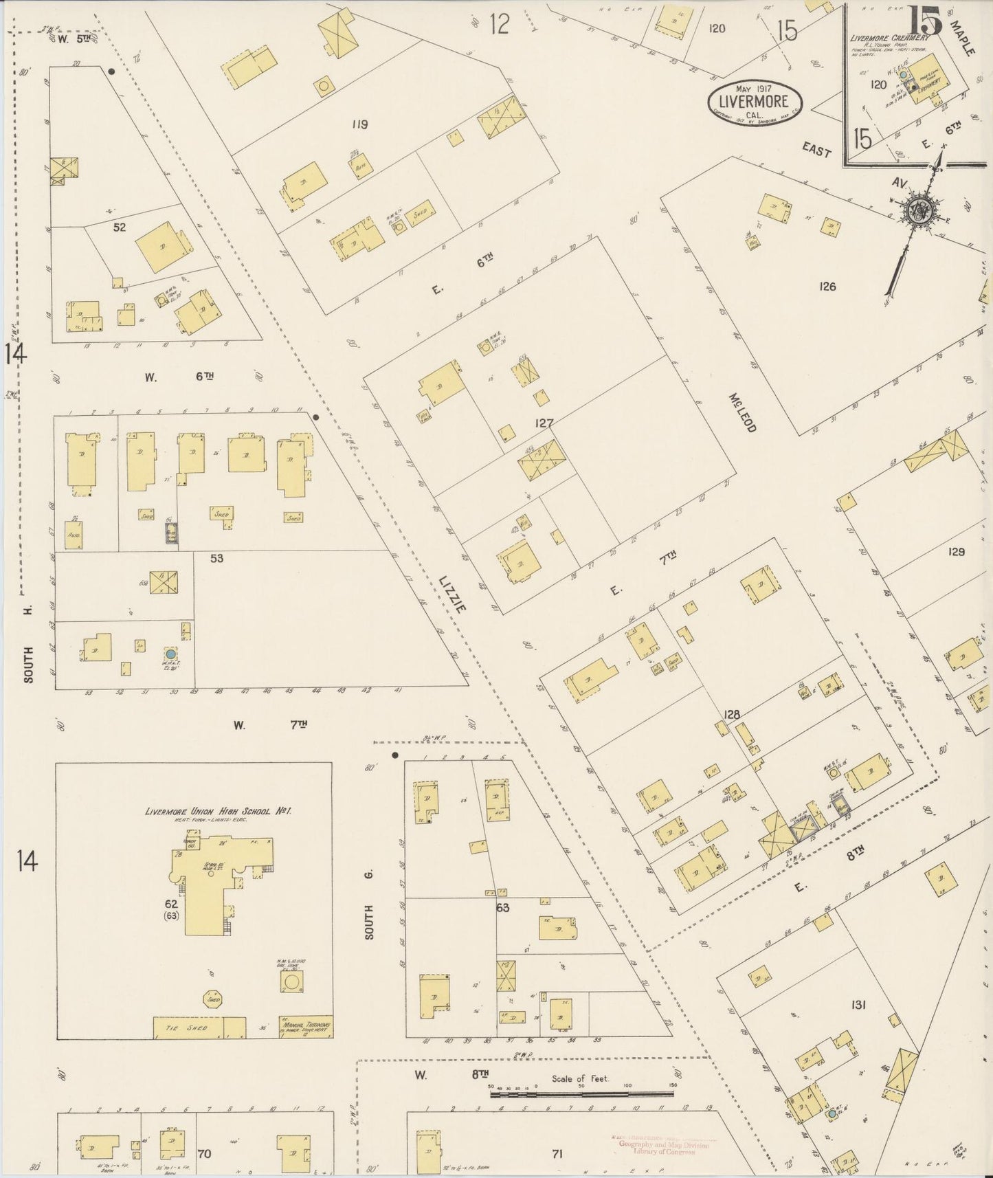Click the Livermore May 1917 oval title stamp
click(x=756, y=102)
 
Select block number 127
click(x=544, y=423)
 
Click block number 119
click(x=359, y=124)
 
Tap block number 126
click(x=827, y=286)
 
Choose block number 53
click(x=217, y=559)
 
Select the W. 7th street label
click(x=269, y=724)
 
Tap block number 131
click(x=858, y=1005)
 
